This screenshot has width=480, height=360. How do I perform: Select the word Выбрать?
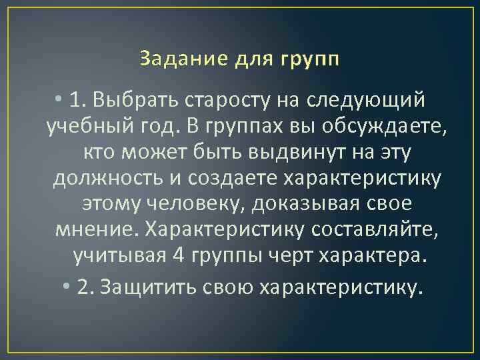127,101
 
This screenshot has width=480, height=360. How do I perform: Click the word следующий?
365,101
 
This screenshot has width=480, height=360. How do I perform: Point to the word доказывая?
309,203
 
